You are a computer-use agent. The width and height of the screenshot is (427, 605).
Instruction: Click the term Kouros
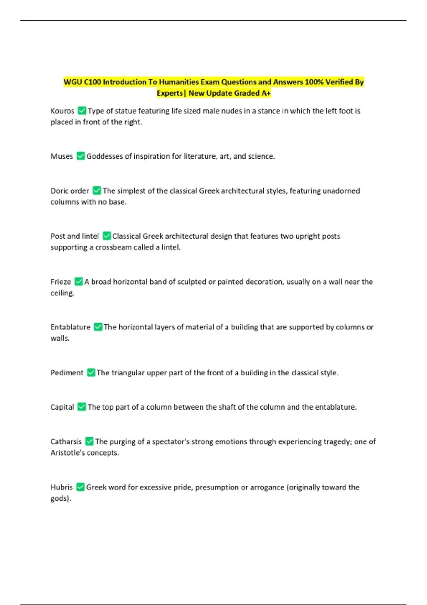pyautogui.click(x=62, y=111)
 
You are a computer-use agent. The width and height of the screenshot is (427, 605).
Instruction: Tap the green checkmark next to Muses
pyautogui.click(x=81, y=156)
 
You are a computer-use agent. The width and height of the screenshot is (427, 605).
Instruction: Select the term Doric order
pyautogui.click(x=70, y=191)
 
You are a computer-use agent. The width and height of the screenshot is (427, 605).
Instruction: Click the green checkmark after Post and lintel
pyautogui.click(x=106, y=236)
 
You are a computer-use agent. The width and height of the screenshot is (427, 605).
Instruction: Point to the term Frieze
pyautogui.click(x=61, y=282)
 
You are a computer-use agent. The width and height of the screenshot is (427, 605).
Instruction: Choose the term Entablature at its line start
pyautogui.click(x=70, y=327)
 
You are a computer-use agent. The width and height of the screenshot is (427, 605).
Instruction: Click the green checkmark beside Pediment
pyautogui.click(x=91, y=373)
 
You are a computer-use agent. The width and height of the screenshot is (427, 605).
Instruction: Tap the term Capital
pyautogui.click(x=62, y=407)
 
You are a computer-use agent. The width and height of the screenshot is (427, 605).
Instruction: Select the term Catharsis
pyautogui.click(x=66, y=442)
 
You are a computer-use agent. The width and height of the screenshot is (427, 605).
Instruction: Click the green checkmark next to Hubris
pyautogui.click(x=80, y=487)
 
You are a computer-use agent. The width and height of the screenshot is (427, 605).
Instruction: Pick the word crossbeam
pyautogui.click(x=113, y=247)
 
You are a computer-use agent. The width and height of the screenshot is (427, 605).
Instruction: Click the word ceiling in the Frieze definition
pyautogui.click(x=61, y=293)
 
